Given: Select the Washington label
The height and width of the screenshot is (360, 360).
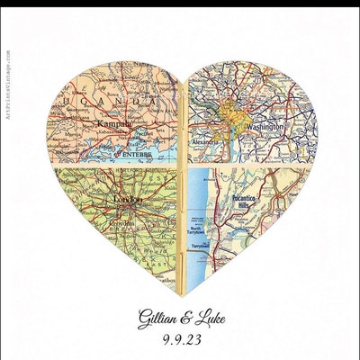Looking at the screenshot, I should (262, 129).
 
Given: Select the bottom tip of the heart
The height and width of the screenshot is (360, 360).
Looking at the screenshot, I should (183, 293).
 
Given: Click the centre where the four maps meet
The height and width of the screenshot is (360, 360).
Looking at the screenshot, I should (184, 165).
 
